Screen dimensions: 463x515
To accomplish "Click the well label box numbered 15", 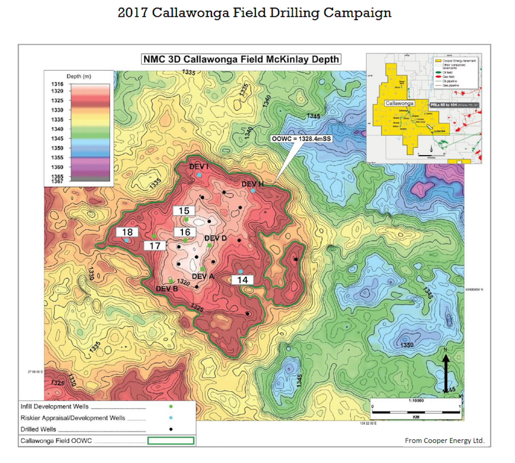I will coord(184,211).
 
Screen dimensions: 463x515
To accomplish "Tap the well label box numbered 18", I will coord(127,232).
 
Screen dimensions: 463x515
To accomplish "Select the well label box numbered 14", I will coord(242,280).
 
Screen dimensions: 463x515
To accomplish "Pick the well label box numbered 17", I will coord(155,246).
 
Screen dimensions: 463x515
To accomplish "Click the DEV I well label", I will coord(199,166).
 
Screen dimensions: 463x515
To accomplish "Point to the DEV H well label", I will coord(252,184).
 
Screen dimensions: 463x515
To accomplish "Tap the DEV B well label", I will coord(167,289).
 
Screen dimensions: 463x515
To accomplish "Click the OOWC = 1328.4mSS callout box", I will coord(301,138).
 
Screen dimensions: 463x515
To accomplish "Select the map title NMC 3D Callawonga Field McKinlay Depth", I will coord(241,59).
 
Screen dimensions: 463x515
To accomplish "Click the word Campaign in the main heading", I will coord(357,12).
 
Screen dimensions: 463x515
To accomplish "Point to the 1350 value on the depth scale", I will coord(58,148).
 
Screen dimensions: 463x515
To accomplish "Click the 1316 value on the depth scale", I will coord(58,84).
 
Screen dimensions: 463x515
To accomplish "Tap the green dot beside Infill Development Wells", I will coord(171,406).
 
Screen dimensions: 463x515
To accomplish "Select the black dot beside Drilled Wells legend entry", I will coord(171,429).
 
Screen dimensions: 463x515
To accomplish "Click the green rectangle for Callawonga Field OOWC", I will coord(171,440).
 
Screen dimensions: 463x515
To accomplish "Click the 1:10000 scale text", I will coord(416,400).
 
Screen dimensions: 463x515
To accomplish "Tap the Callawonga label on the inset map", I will coord(399,103).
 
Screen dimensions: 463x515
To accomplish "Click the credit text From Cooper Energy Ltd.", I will coord(444,440).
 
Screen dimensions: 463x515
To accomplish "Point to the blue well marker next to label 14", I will coord(241,272).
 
